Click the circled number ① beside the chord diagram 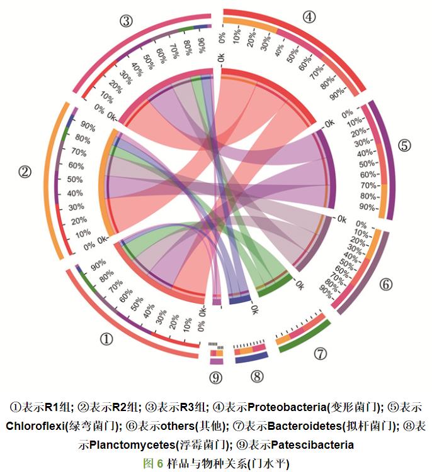click(106, 339)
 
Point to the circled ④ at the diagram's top click(309, 17)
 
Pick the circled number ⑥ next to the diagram click(385, 284)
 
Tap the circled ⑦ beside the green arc click(321, 354)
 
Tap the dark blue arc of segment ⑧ click(252, 356)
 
